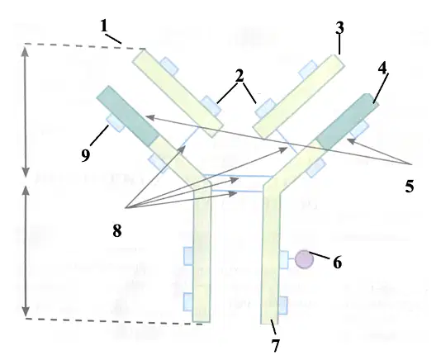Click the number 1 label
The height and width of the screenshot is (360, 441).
[x=104, y=26]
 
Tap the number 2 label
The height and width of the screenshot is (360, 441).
[x=239, y=76]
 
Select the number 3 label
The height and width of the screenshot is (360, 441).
[x=339, y=28]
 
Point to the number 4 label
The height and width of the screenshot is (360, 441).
[x=382, y=69]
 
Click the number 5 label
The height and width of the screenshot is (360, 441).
[x=410, y=186]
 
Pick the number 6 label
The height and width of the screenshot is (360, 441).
[x=338, y=262]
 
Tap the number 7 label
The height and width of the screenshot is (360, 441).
[x=276, y=345]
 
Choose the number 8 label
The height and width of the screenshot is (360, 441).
[x=117, y=231]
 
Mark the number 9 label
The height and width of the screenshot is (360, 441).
[x=86, y=155]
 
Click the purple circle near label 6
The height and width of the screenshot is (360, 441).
[x=304, y=259]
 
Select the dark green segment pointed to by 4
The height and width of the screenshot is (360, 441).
[x=347, y=121]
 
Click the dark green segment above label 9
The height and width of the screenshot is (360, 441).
[x=128, y=116]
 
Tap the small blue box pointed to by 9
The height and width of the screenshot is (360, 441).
[x=115, y=123]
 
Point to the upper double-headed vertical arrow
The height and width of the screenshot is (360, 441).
[x=26, y=112]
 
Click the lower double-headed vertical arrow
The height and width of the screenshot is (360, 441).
[x=26, y=251]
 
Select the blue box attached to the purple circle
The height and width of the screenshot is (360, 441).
[x=284, y=259]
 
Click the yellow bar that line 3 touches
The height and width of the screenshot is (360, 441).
[x=299, y=97]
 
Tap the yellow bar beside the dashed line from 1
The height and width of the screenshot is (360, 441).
[x=178, y=93]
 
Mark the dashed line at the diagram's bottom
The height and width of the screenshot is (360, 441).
[x=114, y=321]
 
